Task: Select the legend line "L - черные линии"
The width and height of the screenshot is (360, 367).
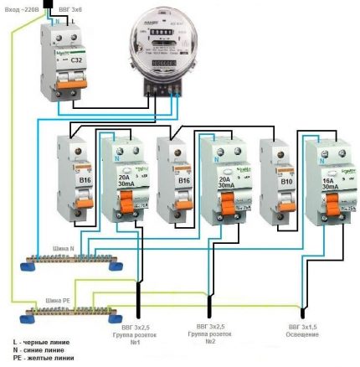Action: click(x=43, y=342)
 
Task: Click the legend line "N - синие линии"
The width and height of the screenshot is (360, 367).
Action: click(x=42, y=350)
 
